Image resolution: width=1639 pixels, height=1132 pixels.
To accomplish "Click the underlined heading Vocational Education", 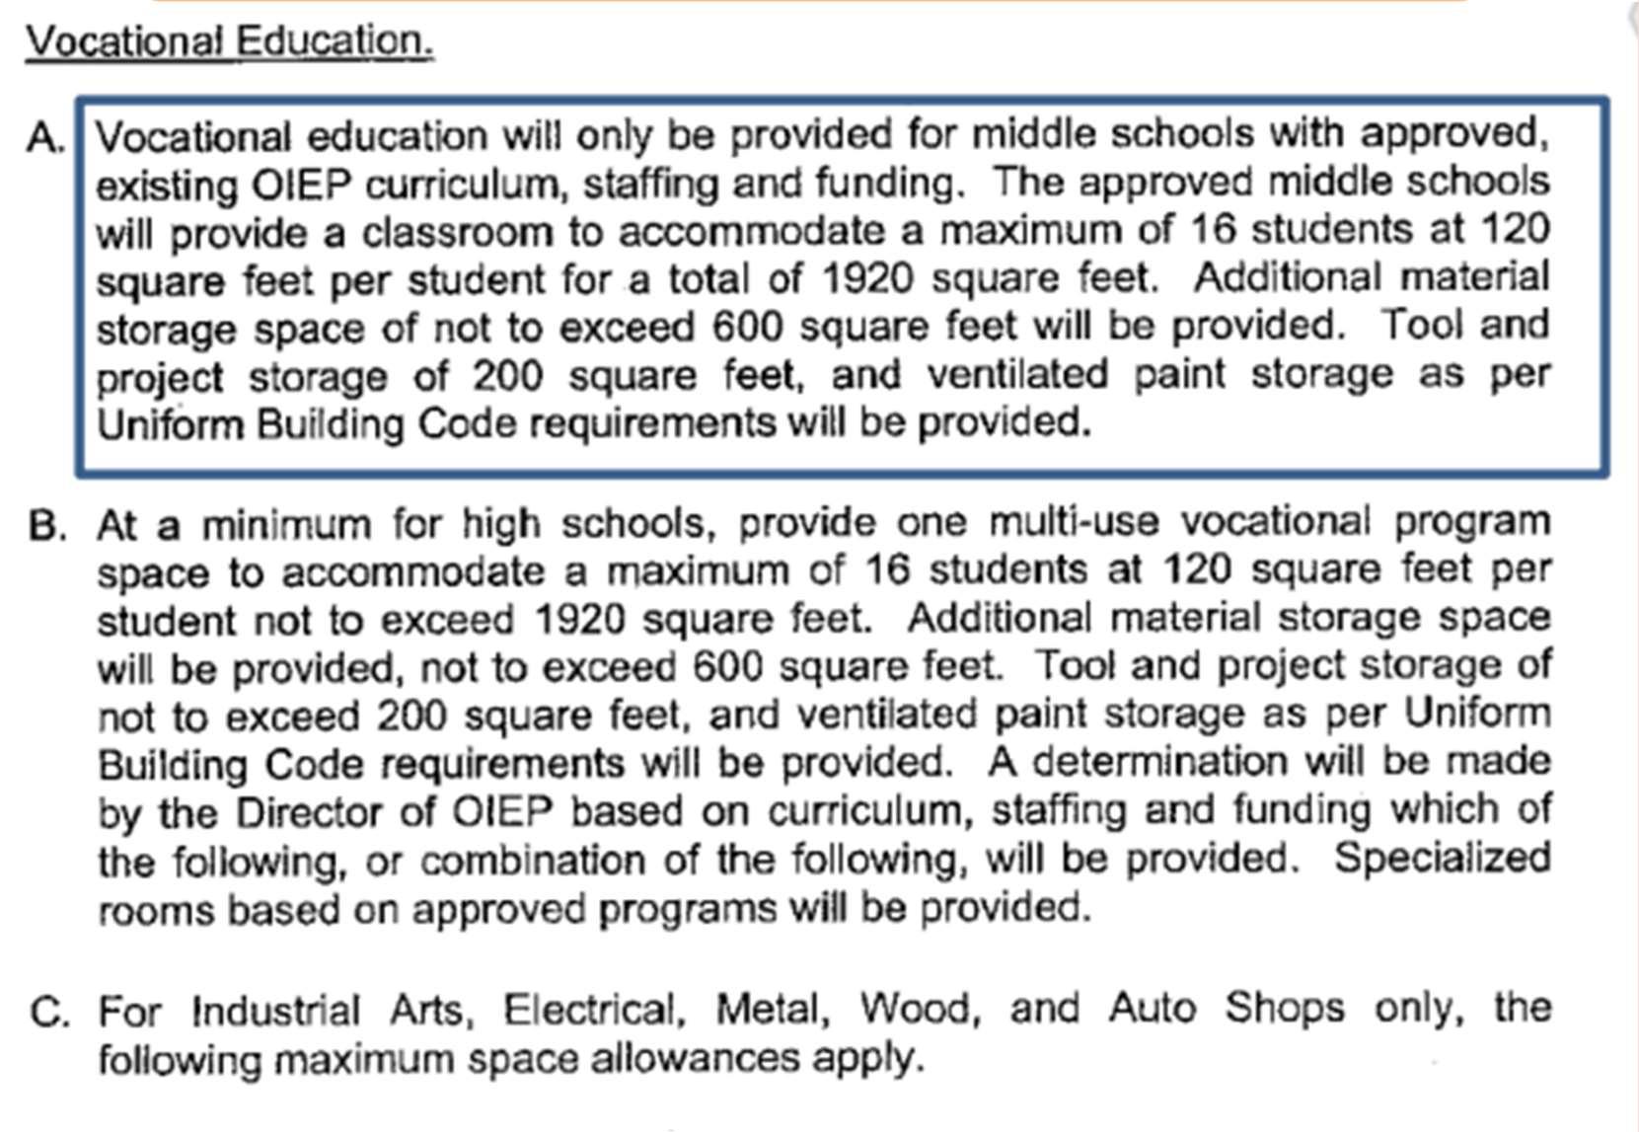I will pos(229,41).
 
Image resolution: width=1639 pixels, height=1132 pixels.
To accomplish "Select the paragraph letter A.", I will pos(45,138).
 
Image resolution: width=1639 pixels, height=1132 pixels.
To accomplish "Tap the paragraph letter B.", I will pos(47,526).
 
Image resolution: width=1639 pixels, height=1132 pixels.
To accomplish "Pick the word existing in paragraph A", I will pos(166,185).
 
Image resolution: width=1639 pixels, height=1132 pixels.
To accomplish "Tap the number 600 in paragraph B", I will pos(727,667).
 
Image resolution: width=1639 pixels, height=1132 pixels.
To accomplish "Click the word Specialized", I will pos(1442,859).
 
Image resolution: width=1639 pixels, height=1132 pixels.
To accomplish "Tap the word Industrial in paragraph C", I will pos(276,1011).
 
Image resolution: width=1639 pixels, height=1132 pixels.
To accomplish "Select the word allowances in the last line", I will pos(695,1059).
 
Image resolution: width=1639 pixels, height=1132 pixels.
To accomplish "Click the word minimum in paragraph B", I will pos(286,526).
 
